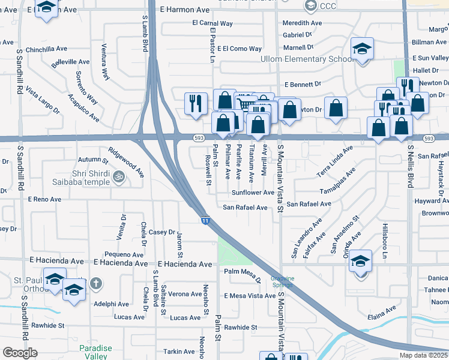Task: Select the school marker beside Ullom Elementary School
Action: [x=361, y=50]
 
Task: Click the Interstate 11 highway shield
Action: [x=205, y=221]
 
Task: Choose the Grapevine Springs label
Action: [x=282, y=281]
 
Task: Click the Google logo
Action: [x=20, y=352]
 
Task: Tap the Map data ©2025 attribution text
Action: [x=423, y=355]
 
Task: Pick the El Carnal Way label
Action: [x=212, y=23]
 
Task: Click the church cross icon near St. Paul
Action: [x=96, y=282]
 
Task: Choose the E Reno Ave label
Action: [x=44, y=199]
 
